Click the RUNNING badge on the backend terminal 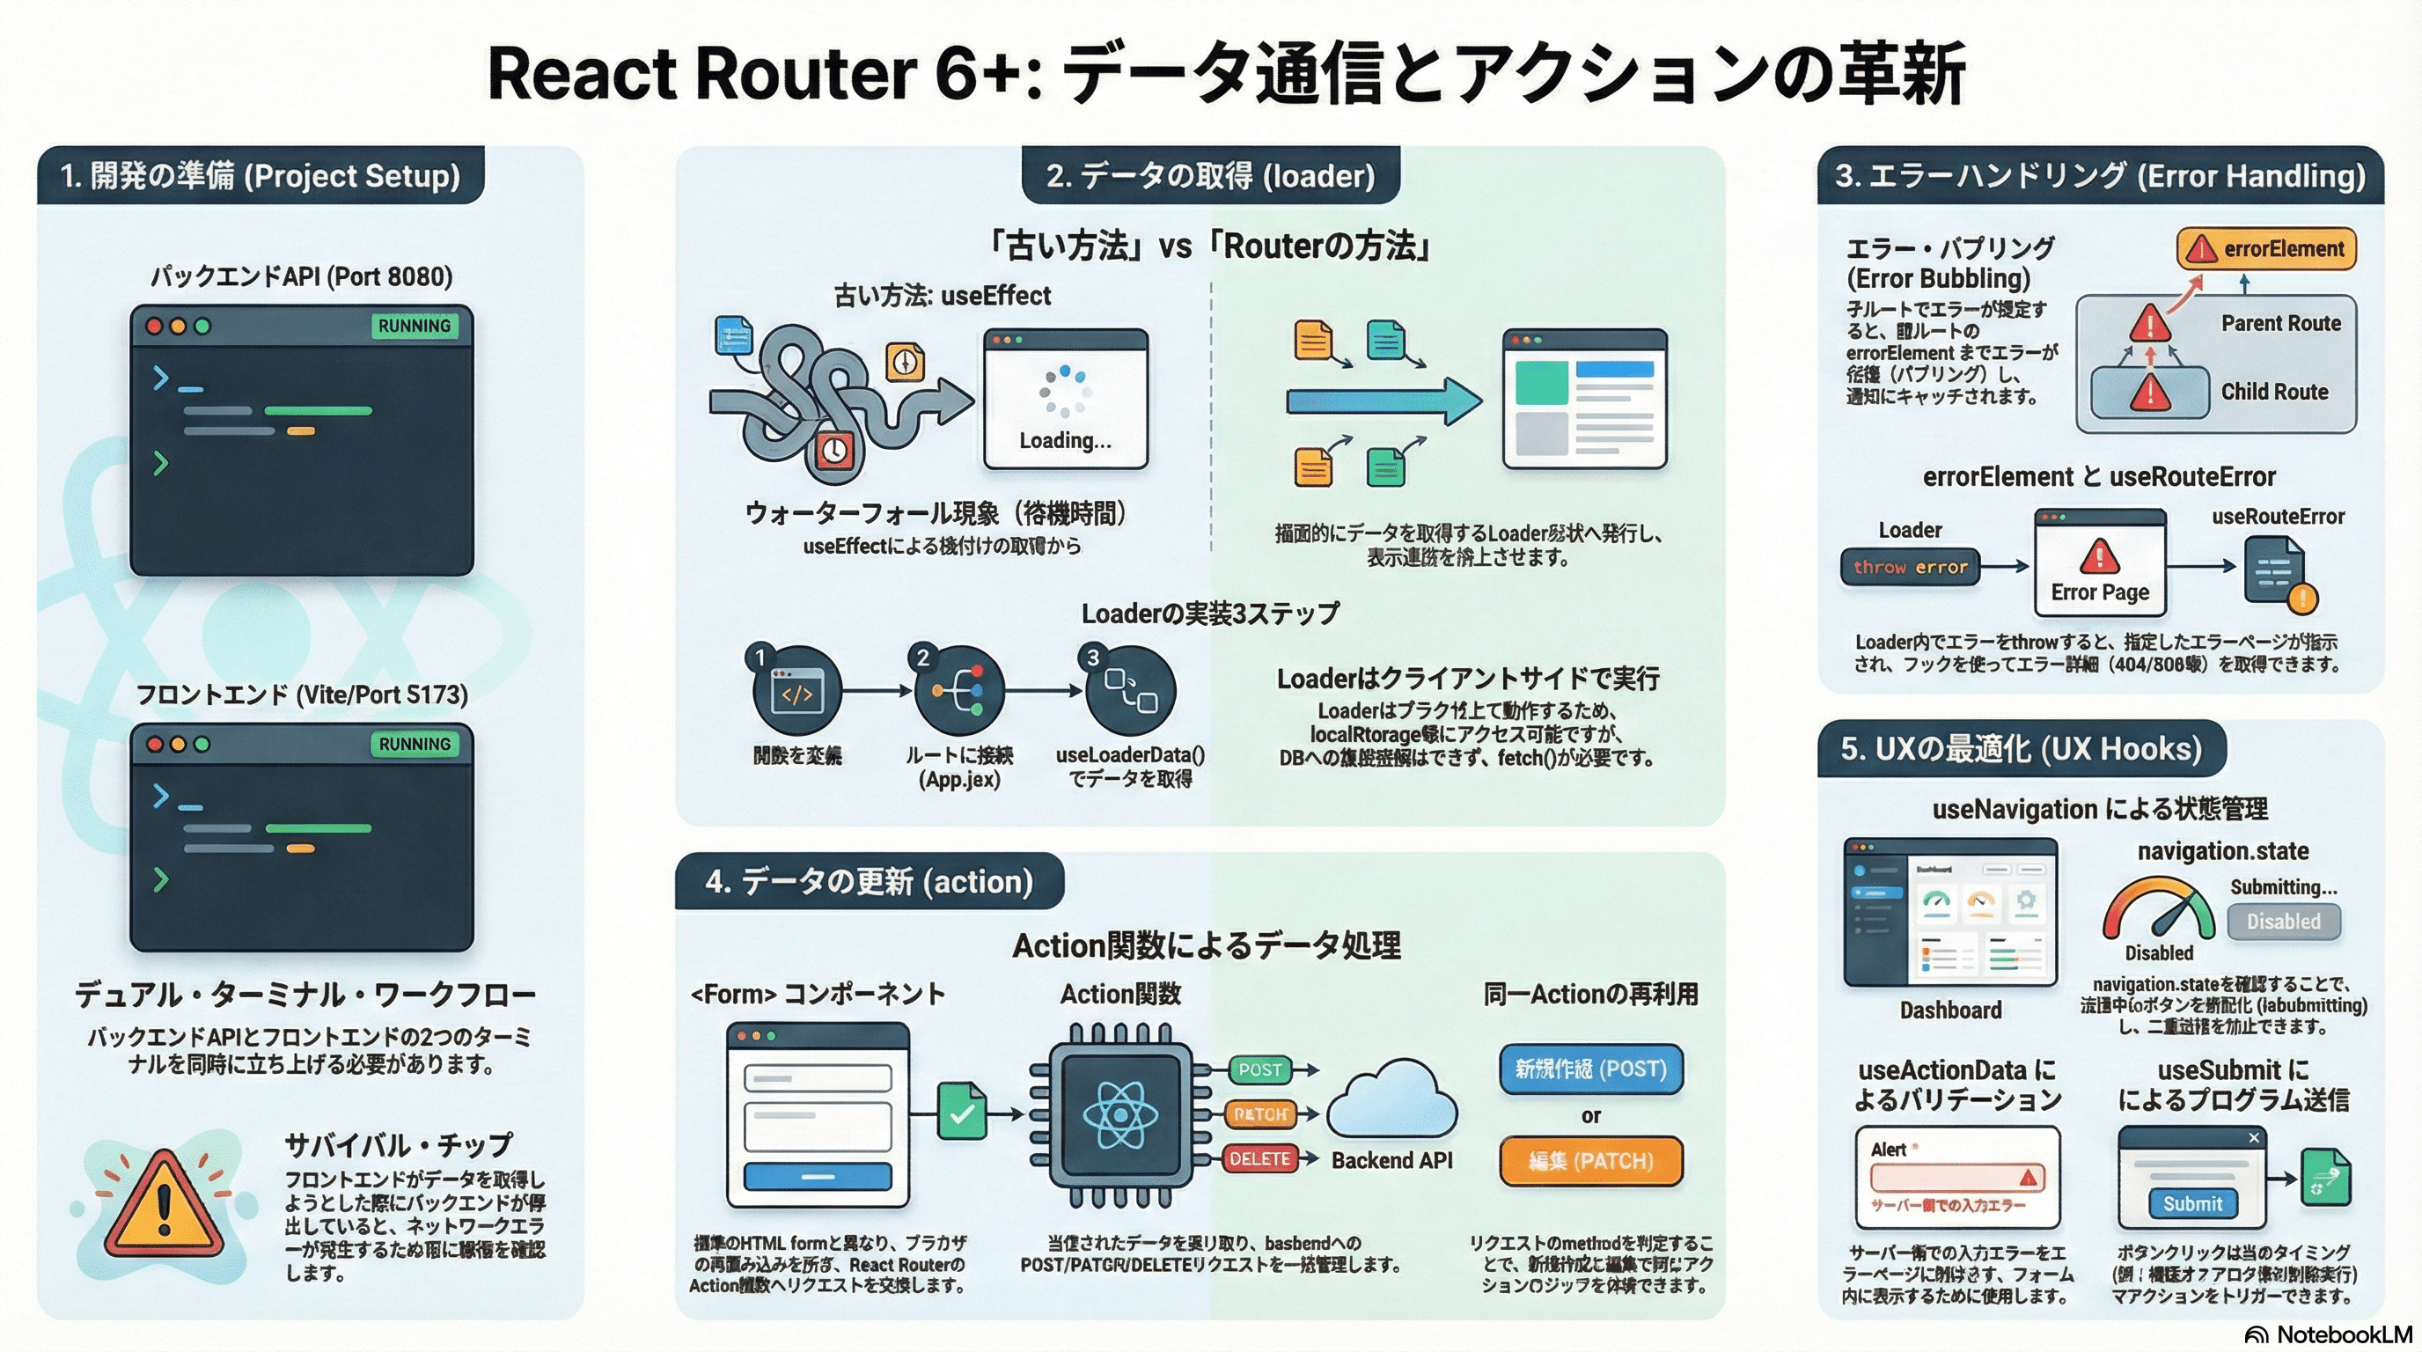pyautogui.click(x=414, y=326)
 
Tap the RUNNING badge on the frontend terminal pyautogui.click(x=414, y=744)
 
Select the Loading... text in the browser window pyautogui.click(x=1065, y=440)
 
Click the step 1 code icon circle pyautogui.click(x=797, y=692)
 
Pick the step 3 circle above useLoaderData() pyautogui.click(x=1130, y=692)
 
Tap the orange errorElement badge pyautogui.click(x=2266, y=249)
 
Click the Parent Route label pyautogui.click(x=2281, y=323)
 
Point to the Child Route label pyautogui.click(x=2274, y=392)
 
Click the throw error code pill pyautogui.click(x=1910, y=567)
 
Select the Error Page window pyautogui.click(x=2100, y=564)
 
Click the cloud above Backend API pyautogui.click(x=1391, y=1100)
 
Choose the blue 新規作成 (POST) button pyautogui.click(x=1590, y=1069)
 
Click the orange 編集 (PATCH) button pyautogui.click(x=1590, y=1161)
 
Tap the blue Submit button pyautogui.click(x=2191, y=1203)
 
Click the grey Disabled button pyautogui.click(x=2283, y=922)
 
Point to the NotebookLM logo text pyautogui.click(x=2344, y=1335)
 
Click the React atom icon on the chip pyautogui.click(x=1119, y=1115)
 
